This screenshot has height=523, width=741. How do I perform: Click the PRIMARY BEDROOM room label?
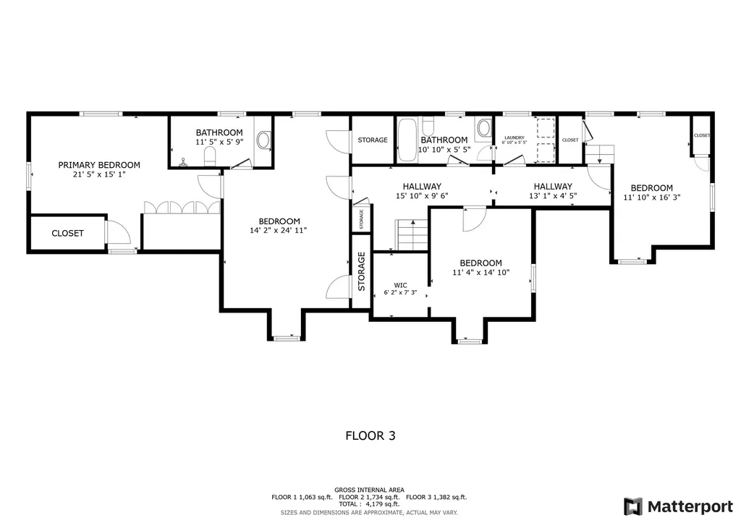coord(99,165)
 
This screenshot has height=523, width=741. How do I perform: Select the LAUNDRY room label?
coord(514,137)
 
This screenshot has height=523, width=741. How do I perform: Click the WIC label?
coord(400,284)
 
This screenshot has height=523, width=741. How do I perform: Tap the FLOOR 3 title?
coord(370,435)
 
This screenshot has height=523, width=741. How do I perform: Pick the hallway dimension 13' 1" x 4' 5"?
coord(553,195)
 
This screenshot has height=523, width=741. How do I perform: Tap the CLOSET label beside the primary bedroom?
coord(67,233)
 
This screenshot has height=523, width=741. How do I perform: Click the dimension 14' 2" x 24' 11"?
coord(279,231)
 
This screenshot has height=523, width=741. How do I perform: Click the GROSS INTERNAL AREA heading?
coord(370,490)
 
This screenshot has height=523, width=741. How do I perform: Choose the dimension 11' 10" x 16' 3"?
coord(651,196)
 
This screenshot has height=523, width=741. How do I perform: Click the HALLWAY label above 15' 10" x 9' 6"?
coord(422,186)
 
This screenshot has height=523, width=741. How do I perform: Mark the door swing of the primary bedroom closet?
coord(118,233)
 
